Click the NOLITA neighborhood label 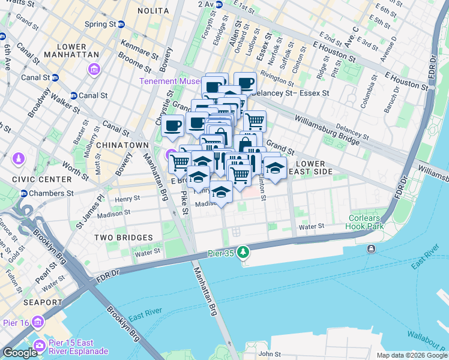[x=153, y=11]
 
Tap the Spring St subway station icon [x=121, y=25]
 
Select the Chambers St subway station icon [x=24, y=193]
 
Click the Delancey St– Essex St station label [x=291, y=93]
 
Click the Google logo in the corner [x=20, y=353]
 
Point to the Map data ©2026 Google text [x=411, y=355]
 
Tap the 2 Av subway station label [x=205, y=4]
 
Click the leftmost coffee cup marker [x=172, y=125]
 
